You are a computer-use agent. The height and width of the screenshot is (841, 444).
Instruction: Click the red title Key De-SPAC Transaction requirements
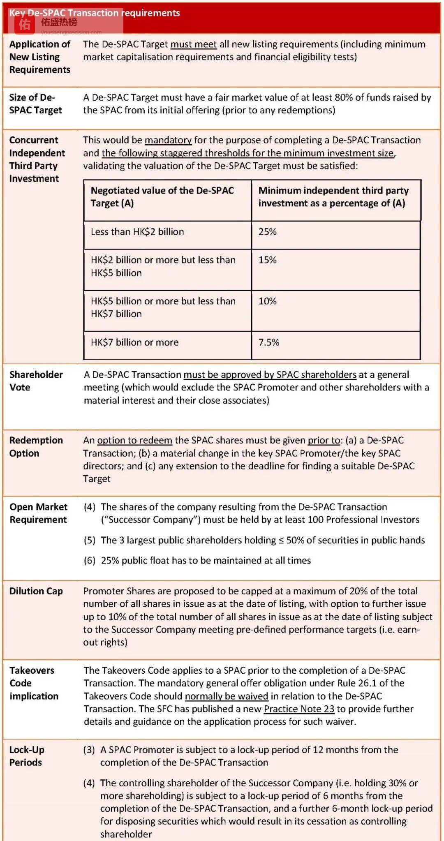(95, 13)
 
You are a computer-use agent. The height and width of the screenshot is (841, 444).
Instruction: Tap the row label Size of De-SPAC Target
(35, 104)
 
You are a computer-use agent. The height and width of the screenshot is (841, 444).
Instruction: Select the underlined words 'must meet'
(193, 44)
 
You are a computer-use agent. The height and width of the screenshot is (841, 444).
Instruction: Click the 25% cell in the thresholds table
(268, 232)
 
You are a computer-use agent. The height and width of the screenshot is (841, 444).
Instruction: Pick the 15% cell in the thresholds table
(268, 260)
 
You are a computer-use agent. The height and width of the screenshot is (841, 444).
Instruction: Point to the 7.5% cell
(269, 342)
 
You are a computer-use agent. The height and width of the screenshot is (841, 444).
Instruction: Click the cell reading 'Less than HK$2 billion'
(137, 232)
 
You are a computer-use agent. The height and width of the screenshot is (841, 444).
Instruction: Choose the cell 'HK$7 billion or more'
(135, 342)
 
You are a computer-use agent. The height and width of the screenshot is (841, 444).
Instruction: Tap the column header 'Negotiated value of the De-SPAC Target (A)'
(162, 197)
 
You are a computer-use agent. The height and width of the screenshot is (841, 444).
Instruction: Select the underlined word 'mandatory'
(168, 140)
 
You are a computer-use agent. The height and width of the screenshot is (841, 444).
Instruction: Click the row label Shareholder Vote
(36, 381)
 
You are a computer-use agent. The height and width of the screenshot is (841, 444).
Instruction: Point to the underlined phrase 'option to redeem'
(134, 440)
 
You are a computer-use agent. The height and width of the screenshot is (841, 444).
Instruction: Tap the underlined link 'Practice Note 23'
(299, 709)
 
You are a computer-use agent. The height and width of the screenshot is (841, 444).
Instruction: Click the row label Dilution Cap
(36, 591)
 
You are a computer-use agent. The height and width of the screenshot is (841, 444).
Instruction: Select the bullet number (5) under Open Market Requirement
(90, 540)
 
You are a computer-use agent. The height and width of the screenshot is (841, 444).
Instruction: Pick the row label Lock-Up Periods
(27, 756)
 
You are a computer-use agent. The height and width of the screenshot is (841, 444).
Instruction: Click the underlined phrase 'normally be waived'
(227, 696)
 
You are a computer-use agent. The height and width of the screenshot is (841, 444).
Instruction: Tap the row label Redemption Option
(36, 447)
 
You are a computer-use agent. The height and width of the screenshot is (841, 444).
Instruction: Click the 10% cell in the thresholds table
(268, 301)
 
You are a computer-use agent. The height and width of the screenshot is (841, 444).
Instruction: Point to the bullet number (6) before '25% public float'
(90, 561)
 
